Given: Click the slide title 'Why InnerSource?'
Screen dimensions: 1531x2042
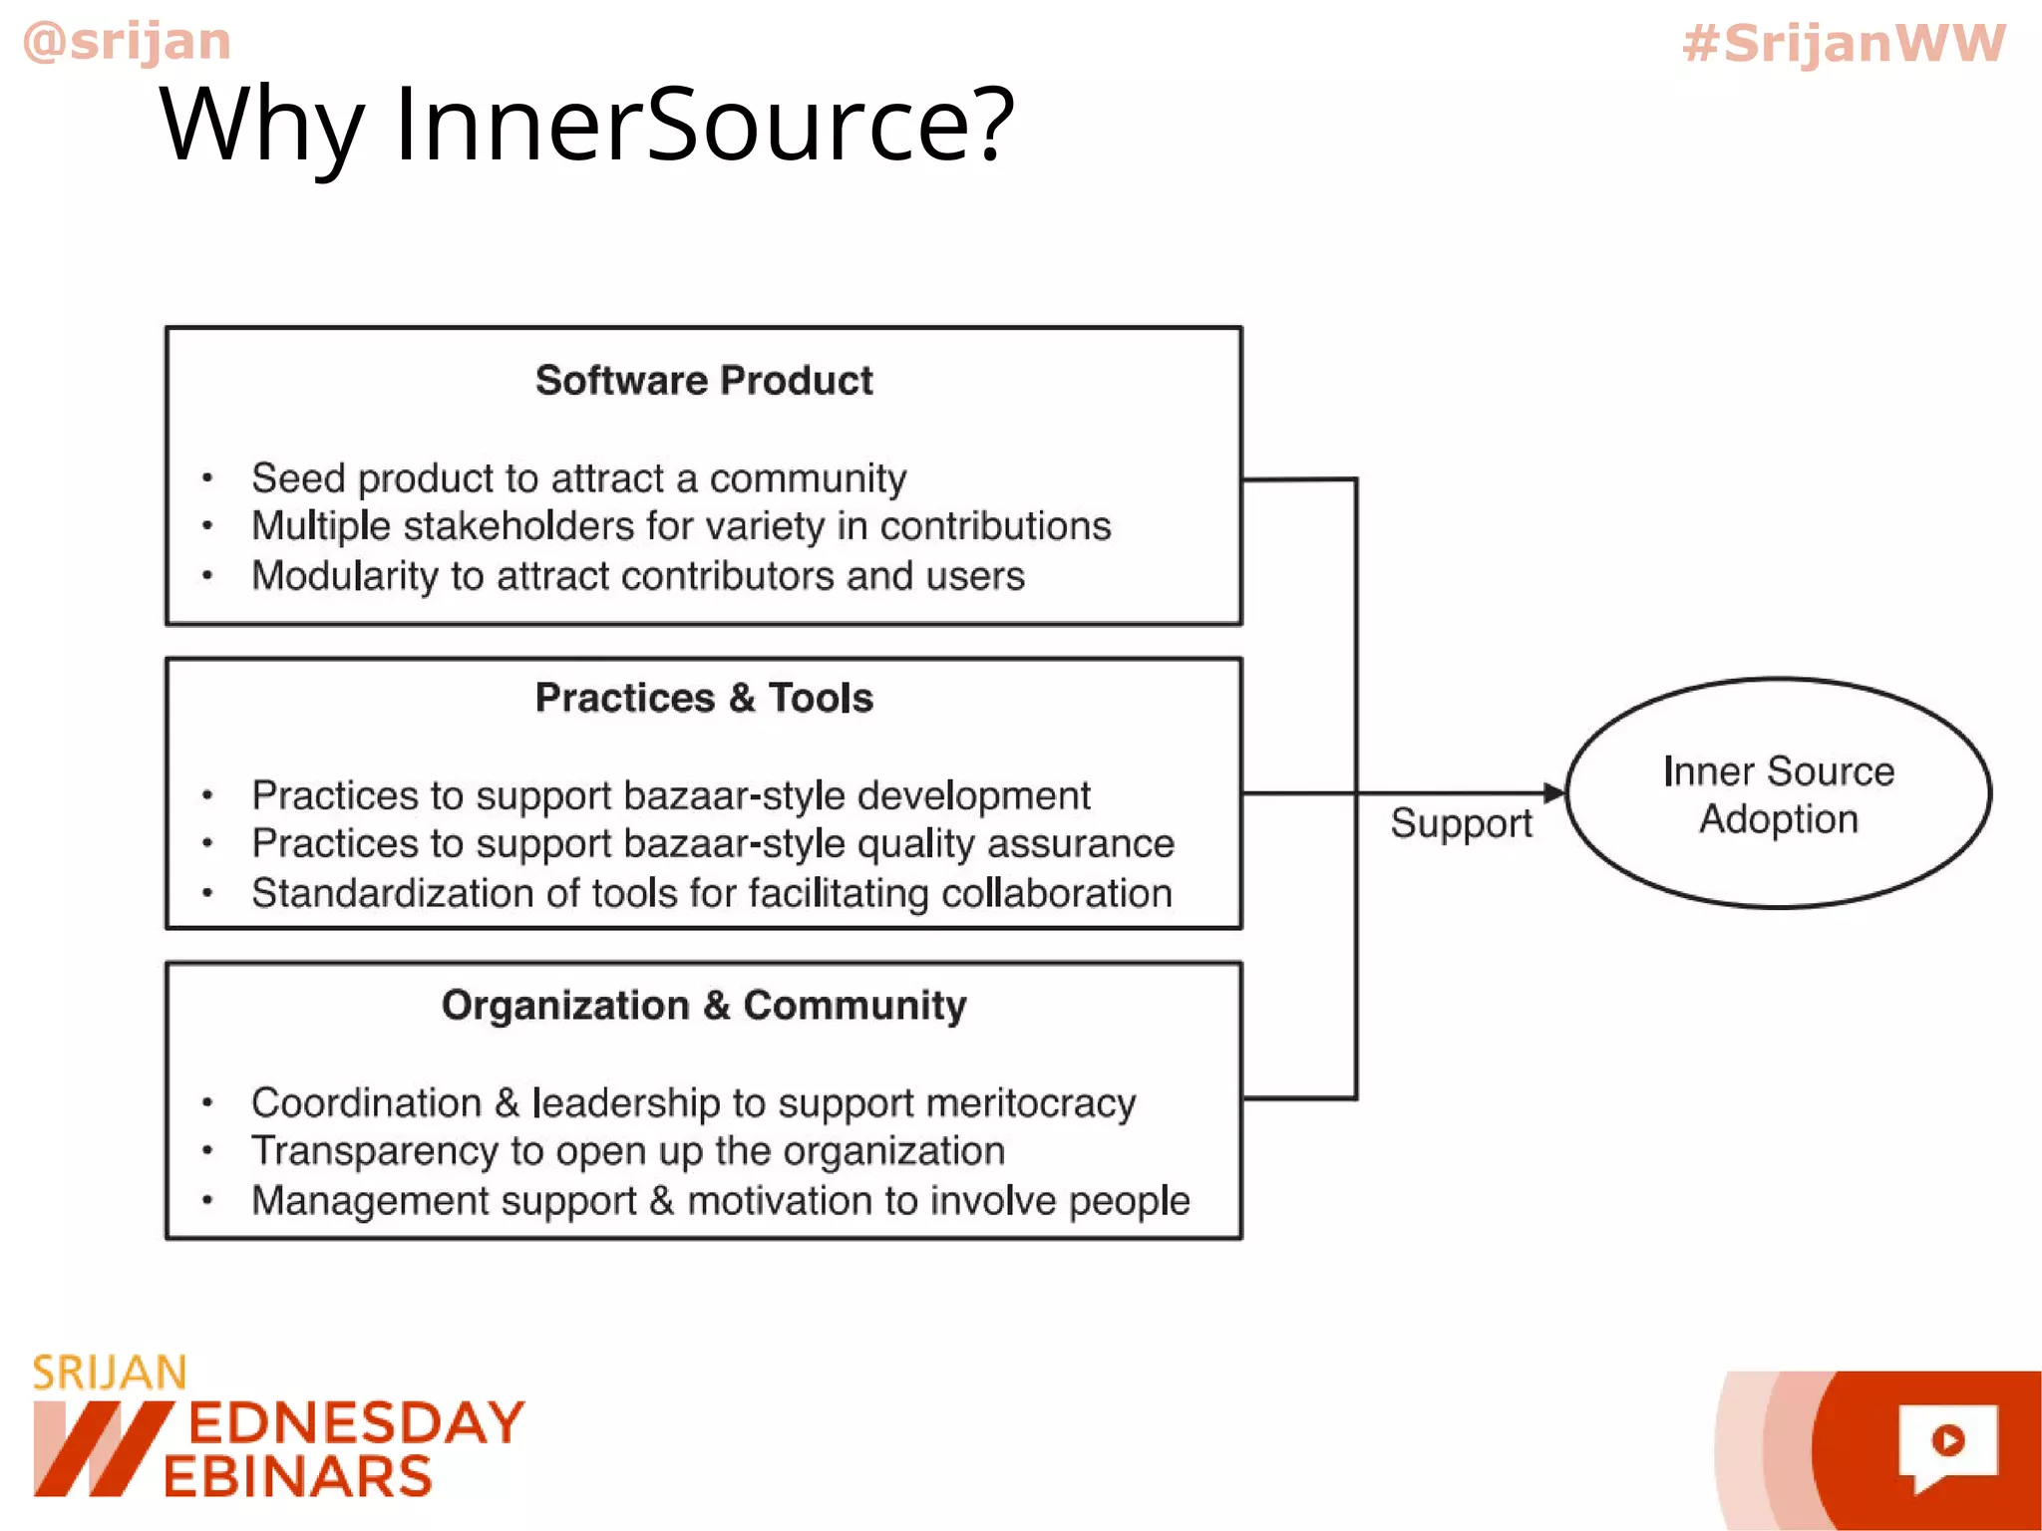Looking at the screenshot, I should pos(586,125).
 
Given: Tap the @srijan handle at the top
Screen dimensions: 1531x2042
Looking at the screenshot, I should pos(127,42).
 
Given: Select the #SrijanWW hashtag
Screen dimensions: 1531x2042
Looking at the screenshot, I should pos(1843,44).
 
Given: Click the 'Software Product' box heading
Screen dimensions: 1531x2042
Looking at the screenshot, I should pos(704,381).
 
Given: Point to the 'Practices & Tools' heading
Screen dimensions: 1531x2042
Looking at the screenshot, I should pos(704,698).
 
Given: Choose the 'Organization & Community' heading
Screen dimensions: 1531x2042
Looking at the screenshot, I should pos(704,1005).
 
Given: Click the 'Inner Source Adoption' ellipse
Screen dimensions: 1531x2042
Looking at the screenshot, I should pos(1779,793).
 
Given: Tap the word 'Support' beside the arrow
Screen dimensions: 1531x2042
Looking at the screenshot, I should pos(1461,823).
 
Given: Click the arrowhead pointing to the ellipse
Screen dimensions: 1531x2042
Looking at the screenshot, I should pos(1553,792).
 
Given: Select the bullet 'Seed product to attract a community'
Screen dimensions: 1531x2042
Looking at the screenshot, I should pos(578,478).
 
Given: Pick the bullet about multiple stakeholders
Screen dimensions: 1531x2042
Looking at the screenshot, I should pos(681,526).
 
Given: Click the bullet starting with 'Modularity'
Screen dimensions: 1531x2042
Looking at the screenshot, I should pos(638,576).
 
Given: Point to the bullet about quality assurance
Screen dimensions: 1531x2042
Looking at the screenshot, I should pos(713,843).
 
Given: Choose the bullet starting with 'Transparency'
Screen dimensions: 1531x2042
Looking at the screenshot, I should pos(628,1151).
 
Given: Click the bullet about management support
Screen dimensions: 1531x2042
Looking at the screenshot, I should pos(720,1200).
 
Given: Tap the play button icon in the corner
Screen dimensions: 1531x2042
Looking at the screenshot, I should pos(1947,1440).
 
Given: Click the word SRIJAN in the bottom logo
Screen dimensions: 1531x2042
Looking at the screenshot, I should pos(110,1374).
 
